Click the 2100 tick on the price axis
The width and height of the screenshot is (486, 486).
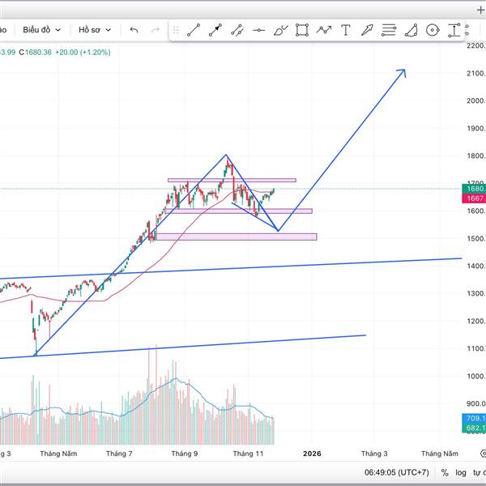pos(475,74)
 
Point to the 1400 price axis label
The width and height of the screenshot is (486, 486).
pos(475,266)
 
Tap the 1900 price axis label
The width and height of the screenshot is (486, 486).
pos(475,129)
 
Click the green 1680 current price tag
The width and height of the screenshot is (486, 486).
pos(474,189)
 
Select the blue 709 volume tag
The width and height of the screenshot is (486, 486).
pos(475,418)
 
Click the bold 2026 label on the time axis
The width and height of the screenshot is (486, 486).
pos(312,454)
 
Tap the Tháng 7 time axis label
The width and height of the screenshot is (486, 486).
pos(119,454)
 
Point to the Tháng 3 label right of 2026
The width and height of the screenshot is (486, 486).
pos(373,454)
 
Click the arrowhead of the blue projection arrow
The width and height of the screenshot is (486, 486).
pos(403,71)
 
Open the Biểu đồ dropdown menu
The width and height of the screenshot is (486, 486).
pos(40,30)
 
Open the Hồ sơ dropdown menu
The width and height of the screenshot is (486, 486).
pos(93,30)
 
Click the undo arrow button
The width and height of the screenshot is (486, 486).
pos(134,30)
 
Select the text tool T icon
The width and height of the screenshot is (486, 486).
pos(346,31)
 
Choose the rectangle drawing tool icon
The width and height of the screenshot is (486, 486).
pos(302,31)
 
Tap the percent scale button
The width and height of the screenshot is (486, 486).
pos(445,472)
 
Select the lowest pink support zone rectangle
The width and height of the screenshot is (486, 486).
pos(235,237)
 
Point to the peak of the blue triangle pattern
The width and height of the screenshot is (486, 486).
pos(226,155)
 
